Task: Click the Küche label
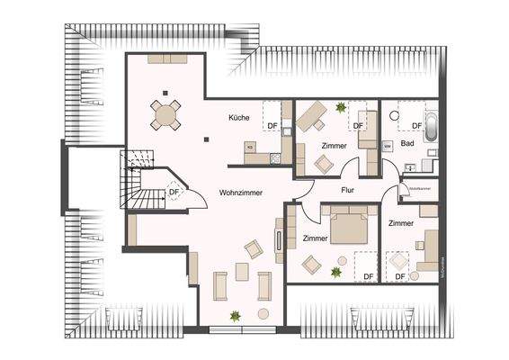(x=238, y=118)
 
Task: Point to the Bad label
(x=407, y=143)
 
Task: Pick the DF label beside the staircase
(x=174, y=192)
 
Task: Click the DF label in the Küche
(x=271, y=124)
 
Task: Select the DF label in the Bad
(x=416, y=125)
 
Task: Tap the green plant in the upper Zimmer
(x=340, y=107)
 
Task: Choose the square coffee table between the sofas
(x=240, y=271)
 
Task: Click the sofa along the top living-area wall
(x=168, y=57)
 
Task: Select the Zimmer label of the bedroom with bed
(x=315, y=238)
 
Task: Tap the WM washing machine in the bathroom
(x=387, y=144)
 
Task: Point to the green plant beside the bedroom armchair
(x=335, y=272)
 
